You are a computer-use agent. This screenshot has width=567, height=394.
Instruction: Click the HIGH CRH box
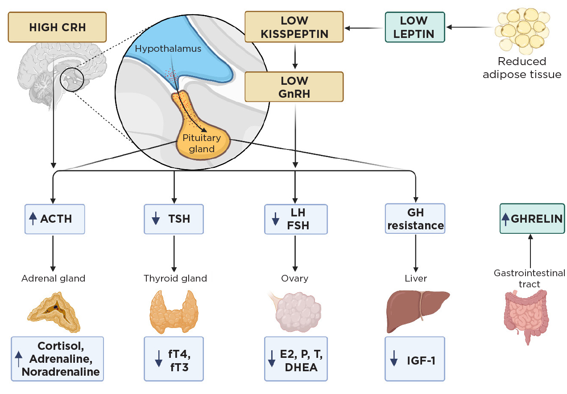(x=57, y=27)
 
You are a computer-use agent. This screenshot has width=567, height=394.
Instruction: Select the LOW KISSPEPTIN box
(x=294, y=27)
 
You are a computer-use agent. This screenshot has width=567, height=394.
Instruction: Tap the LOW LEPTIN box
(x=414, y=27)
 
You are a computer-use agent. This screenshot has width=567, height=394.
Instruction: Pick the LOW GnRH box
(x=294, y=87)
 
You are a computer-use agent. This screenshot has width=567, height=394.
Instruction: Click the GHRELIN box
(x=530, y=219)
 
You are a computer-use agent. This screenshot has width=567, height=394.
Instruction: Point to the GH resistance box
(x=415, y=219)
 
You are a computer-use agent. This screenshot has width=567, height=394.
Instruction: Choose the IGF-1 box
(x=415, y=359)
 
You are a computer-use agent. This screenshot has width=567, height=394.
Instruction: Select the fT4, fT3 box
(x=174, y=359)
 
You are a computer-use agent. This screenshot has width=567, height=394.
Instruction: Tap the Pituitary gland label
(x=201, y=143)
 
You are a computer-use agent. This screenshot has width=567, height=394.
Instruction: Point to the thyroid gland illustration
(x=174, y=311)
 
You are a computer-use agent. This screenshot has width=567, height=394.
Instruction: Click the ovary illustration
(x=297, y=311)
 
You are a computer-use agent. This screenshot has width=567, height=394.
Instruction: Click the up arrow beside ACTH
(x=32, y=219)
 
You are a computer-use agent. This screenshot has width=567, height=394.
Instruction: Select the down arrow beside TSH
(x=156, y=219)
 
